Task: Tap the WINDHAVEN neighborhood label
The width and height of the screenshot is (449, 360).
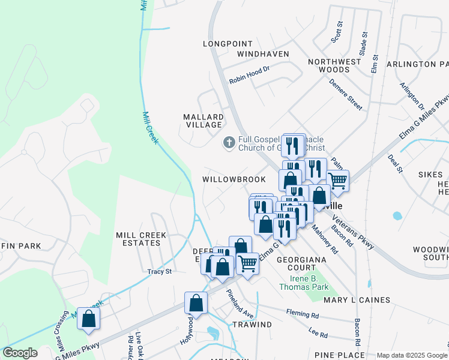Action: tap(263, 54)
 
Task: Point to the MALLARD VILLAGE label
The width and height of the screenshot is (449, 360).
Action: tap(203, 121)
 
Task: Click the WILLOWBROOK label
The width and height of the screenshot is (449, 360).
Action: tap(234, 179)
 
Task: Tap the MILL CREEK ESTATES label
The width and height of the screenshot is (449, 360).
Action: tap(138, 239)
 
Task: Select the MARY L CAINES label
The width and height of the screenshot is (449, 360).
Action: tap(357, 299)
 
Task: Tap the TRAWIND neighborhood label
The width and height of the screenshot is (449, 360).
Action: tap(252, 324)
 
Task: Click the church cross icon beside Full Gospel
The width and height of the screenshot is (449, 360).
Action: tap(229, 143)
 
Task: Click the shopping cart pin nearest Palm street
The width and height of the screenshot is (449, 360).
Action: tap(338, 179)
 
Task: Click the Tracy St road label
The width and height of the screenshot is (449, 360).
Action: tap(160, 271)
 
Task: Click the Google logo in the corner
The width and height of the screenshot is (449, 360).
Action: tap(20, 353)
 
